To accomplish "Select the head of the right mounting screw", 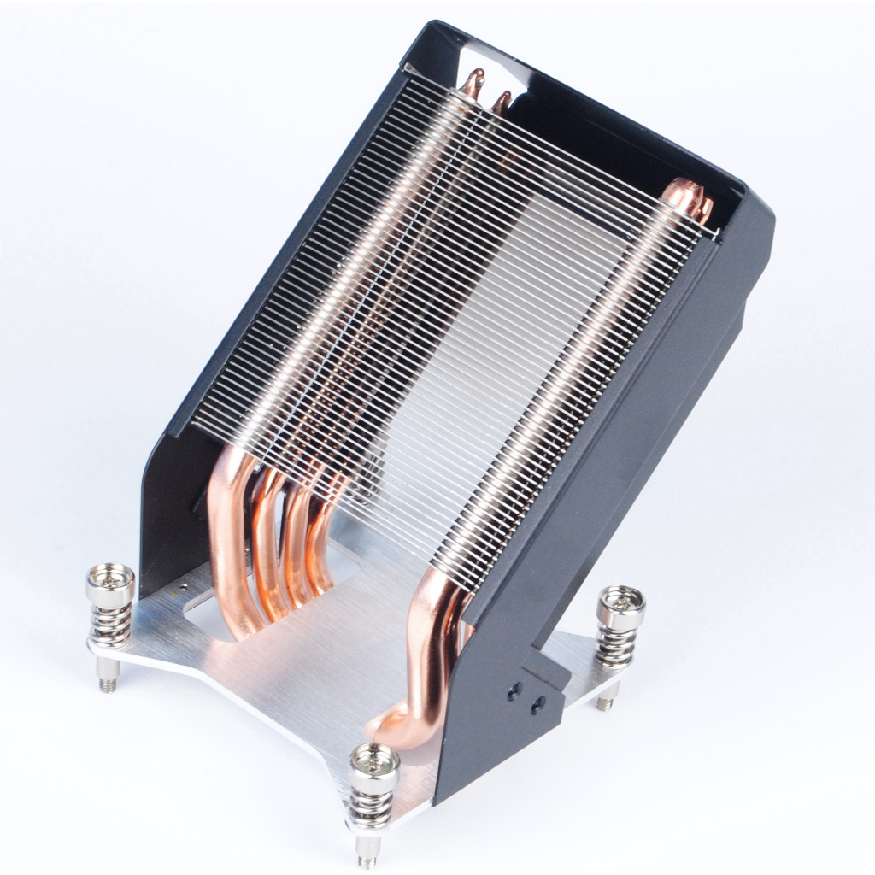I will [621, 605].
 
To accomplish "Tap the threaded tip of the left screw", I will [107, 684].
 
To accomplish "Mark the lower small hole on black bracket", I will [537, 706].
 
